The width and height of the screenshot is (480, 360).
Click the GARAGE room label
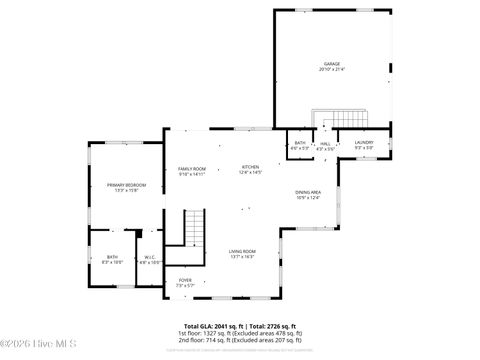click(331, 64)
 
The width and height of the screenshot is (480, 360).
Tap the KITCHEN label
click(250, 167)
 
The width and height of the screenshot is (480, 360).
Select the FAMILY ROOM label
click(192, 168)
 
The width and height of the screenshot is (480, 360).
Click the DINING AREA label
click(308, 192)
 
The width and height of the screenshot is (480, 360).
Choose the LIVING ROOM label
click(242, 251)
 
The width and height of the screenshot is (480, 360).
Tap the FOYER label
click(185, 280)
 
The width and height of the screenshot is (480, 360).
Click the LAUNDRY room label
click(364, 143)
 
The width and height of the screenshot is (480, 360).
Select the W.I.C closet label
click(150, 257)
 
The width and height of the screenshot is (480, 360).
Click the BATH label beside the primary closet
click(112, 257)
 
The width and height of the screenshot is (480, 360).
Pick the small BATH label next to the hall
click(300, 143)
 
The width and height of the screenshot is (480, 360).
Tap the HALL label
click(326, 143)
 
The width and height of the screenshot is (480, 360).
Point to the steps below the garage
click(326, 120)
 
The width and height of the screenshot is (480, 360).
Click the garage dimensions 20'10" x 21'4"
click(331, 70)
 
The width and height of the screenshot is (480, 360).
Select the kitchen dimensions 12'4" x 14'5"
click(250, 173)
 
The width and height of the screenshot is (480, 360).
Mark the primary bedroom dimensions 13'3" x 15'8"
click(127, 190)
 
